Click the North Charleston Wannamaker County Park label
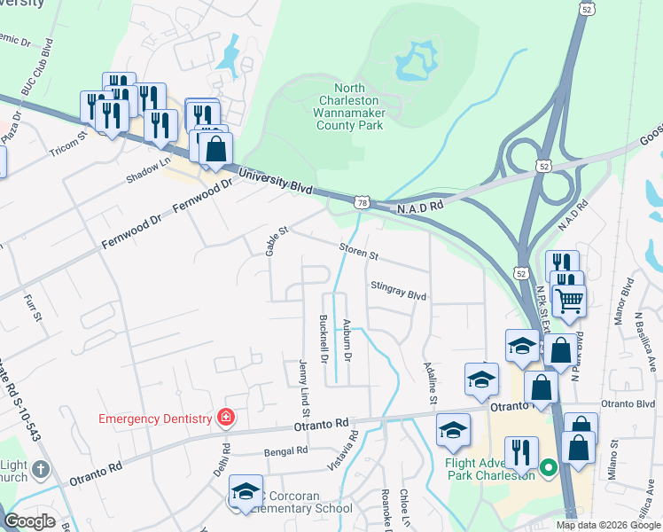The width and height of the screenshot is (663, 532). [x=350, y=107]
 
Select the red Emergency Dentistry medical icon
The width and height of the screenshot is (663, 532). [x=227, y=418]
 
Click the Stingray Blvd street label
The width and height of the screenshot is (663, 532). [x=398, y=291]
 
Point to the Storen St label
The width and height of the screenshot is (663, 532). [x=358, y=251]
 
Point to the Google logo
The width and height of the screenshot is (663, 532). [x=30, y=521]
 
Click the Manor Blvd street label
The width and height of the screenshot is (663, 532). [x=628, y=301]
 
